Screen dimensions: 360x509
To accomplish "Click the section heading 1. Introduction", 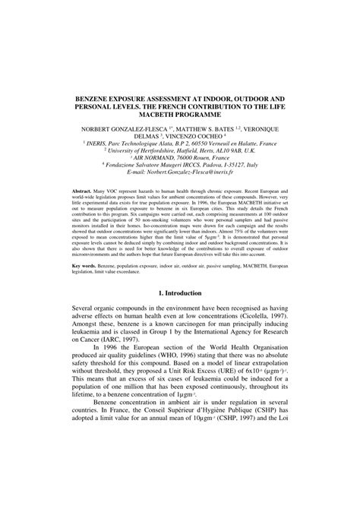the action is click(x=180, y=313).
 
